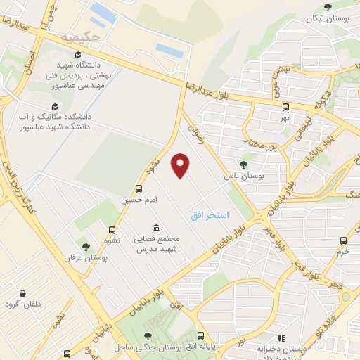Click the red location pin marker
[181, 166]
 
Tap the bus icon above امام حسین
[139, 188]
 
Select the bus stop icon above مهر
[285, 108]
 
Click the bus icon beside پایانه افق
[201, 335]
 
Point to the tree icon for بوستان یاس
[244, 165]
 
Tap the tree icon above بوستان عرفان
[86, 247]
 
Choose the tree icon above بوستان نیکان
[328, 7]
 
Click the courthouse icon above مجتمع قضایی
[155, 229]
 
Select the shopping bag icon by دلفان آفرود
[23, 293]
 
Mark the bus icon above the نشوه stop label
[112, 229]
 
